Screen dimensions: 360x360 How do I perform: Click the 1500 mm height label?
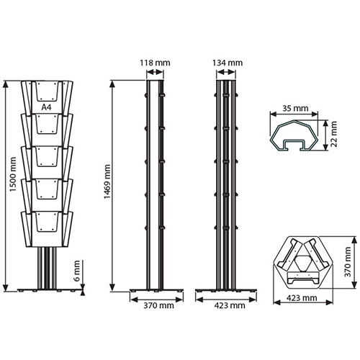pyautogui.click(x=13, y=174)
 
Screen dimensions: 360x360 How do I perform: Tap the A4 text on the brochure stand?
pyautogui.click(x=47, y=107)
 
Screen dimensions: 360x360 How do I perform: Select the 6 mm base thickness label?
pyautogui.click(x=77, y=271)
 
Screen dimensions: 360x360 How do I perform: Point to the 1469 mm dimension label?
pyautogui.click(x=107, y=181)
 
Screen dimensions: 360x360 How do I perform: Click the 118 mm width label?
pyautogui.click(x=155, y=63)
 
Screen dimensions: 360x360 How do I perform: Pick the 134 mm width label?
pyautogui.click(x=228, y=63)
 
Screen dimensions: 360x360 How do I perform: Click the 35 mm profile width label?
pyautogui.click(x=295, y=109)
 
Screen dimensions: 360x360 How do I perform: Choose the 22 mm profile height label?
pyautogui.click(x=334, y=134)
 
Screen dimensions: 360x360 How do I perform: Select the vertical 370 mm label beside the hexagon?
pyautogui.click(x=347, y=262)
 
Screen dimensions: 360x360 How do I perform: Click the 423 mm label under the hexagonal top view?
pyautogui.click(x=302, y=298)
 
